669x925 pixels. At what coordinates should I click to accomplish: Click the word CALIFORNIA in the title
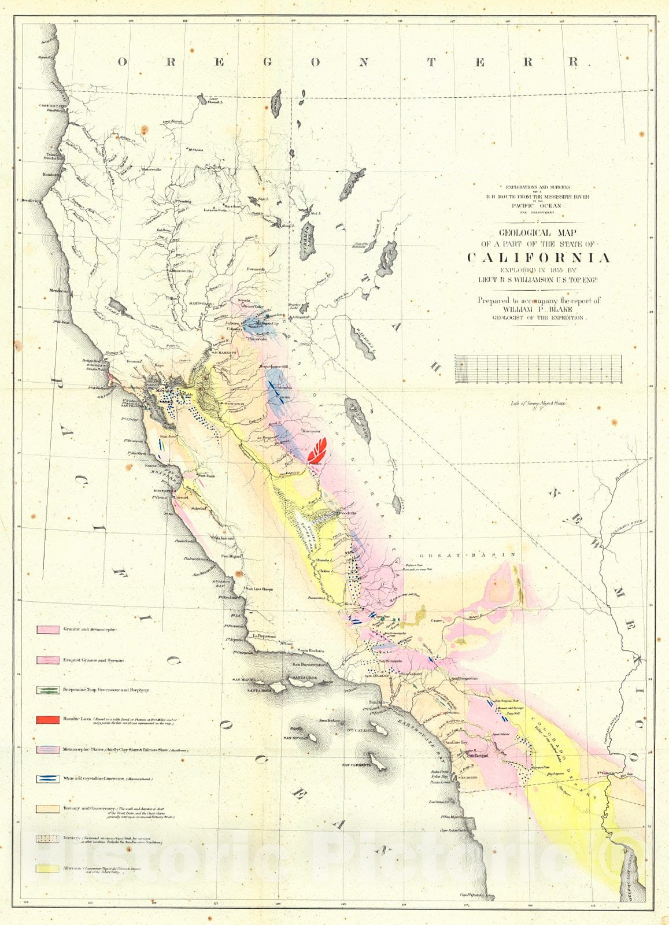(x=538, y=258)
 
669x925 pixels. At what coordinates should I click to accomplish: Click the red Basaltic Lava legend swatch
(x=48, y=720)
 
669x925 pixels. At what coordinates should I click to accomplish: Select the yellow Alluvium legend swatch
(x=48, y=868)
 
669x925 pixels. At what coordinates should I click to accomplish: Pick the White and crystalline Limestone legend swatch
(x=48, y=779)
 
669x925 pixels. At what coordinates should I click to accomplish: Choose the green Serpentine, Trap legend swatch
(x=48, y=690)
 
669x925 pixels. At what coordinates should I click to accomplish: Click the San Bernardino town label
(x=466, y=678)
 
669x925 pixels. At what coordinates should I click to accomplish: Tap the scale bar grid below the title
(x=539, y=369)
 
